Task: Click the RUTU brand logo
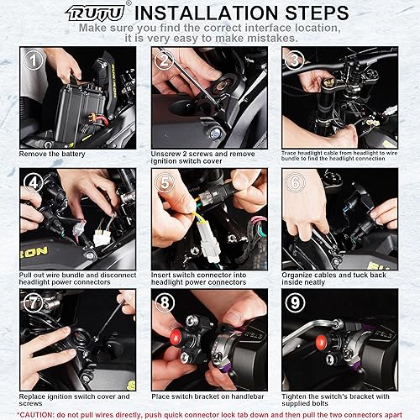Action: [x=95, y=13]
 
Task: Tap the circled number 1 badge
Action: [x=33, y=60]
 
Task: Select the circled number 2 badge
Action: [x=165, y=60]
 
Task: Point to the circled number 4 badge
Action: [x=33, y=182]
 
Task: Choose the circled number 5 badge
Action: [x=165, y=182]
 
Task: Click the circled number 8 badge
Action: [x=165, y=302]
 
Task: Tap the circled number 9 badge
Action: [x=295, y=302]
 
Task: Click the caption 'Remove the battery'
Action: [x=52, y=154]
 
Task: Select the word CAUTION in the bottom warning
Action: [x=35, y=415]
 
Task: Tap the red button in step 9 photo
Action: [x=322, y=342]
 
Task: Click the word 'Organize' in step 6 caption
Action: [x=298, y=276]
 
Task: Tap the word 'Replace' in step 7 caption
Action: [x=32, y=396]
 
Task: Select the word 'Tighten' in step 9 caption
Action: [x=295, y=396]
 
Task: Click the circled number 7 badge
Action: [x=33, y=302]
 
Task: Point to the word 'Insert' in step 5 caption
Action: [x=161, y=275]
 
